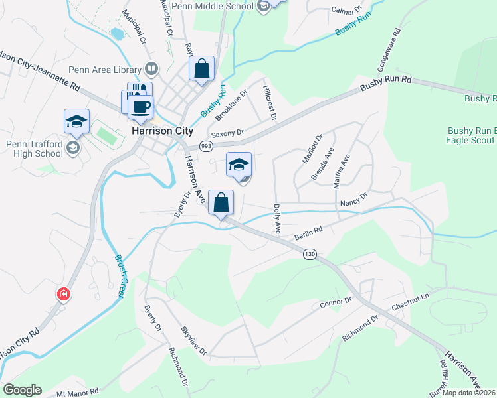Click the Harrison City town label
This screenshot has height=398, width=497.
point(161,131)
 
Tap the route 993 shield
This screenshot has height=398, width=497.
point(207,146)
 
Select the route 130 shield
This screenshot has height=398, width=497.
point(309,254)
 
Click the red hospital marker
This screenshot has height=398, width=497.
point(64,293)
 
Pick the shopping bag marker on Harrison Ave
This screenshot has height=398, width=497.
point(221,202)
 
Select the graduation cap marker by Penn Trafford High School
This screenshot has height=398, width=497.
point(76,121)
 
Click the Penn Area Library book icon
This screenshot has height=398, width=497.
point(152,69)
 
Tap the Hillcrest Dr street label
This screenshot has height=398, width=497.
point(269,103)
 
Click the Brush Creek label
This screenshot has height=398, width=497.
point(118,277)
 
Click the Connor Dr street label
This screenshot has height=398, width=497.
point(335,303)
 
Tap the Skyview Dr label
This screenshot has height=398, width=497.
point(194,340)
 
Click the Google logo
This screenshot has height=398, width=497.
point(22,390)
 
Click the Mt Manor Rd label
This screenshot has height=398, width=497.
point(77,392)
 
